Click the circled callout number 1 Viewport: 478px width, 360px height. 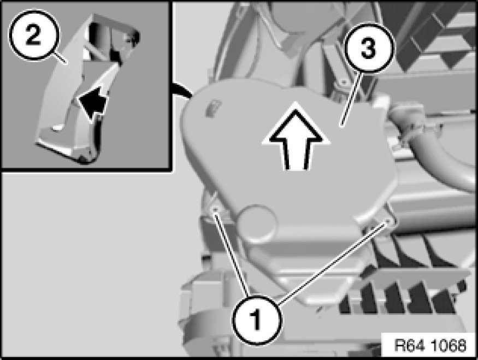[x=257, y=320]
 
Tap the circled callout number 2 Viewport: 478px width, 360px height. [x=33, y=35]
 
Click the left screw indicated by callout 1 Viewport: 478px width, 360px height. [x=215, y=209]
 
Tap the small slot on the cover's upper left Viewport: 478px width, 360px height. [x=213, y=107]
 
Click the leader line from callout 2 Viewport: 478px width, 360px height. [x=60, y=57]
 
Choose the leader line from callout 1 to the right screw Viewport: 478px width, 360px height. [x=333, y=263]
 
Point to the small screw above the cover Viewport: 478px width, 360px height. [x=344, y=82]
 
